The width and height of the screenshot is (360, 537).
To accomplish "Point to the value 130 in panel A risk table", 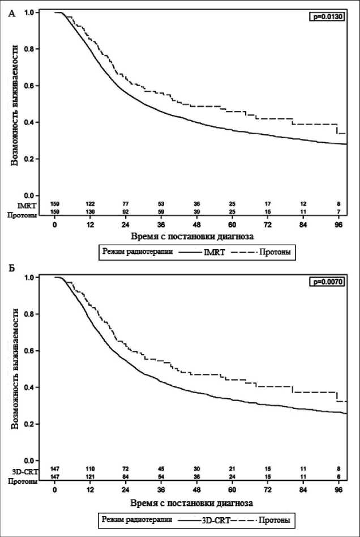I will pos(91,212).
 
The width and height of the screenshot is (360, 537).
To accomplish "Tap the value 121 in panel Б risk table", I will pos(91,478).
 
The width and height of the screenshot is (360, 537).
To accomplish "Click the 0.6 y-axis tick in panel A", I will pos(40,86).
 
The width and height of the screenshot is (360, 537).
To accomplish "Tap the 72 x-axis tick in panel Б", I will pos(269,489).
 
